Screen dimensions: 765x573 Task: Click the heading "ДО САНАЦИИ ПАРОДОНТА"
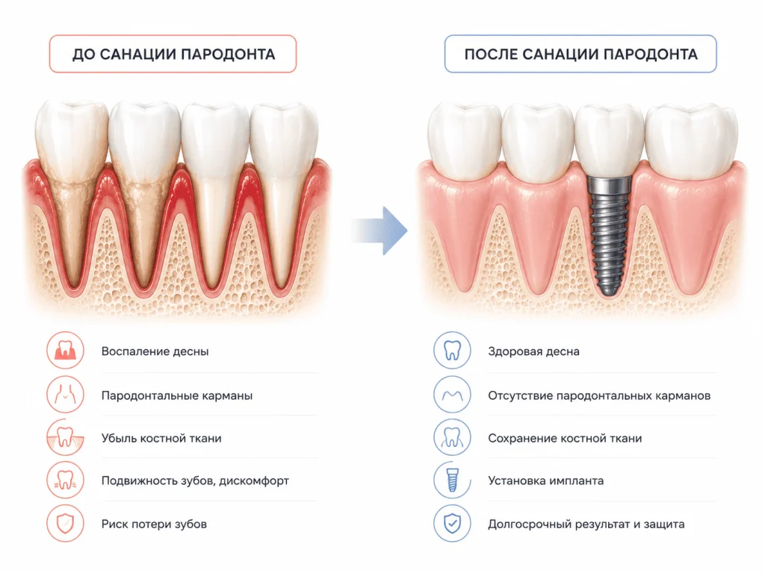pyautogui.click(x=173, y=54)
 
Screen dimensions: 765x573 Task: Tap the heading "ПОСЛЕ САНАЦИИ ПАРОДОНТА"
pyautogui.click(x=580, y=54)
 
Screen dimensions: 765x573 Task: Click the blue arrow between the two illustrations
pyautogui.click(x=380, y=231)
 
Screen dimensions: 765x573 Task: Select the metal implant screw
pyautogui.click(x=608, y=237)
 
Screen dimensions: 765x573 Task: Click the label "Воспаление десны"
pyautogui.click(x=155, y=351)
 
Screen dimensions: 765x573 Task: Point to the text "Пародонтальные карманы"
pyautogui.click(x=177, y=395)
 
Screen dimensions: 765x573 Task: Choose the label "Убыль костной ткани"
pyautogui.click(x=161, y=438)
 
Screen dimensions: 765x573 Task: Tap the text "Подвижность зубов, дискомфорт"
pyautogui.click(x=195, y=481)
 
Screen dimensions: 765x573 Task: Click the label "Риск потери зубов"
pyautogui.click(x=154, y=525)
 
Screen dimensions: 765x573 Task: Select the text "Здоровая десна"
pyautogui.click(x=533, y=351)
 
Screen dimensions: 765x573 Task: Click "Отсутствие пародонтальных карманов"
pyautogui.click(x=599, y=395)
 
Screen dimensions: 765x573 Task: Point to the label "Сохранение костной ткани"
pyautogui.click(x=565, y=438)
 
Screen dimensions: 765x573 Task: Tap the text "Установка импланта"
pyautogui.click(x=546, y=481)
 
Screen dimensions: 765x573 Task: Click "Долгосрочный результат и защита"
pyautogui.click(x=586, y=525)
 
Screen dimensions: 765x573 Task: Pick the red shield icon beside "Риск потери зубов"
pyautogui.click(x=66, y=524)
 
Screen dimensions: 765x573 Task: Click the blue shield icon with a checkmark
pyautogui.click(x=452, y=524)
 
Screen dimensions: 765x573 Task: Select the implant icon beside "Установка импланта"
pyautogui.click(x=452, y=480)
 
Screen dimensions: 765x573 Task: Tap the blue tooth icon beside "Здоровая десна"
pyautogui.click(x=452, y=351)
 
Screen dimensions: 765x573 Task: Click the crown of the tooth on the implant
pyautogui.click(x=609, y=141)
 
